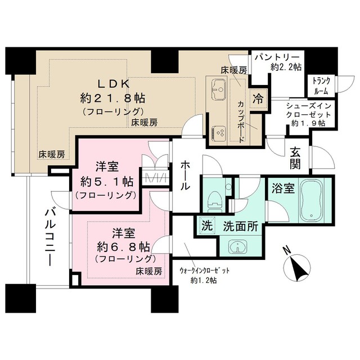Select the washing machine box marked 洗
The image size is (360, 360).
pyautogui.click(x=206, y=227)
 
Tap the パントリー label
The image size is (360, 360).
pyautogui.click(x=277, y=57)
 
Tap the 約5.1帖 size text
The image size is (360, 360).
pyautogui.click(x=106, y=182)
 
